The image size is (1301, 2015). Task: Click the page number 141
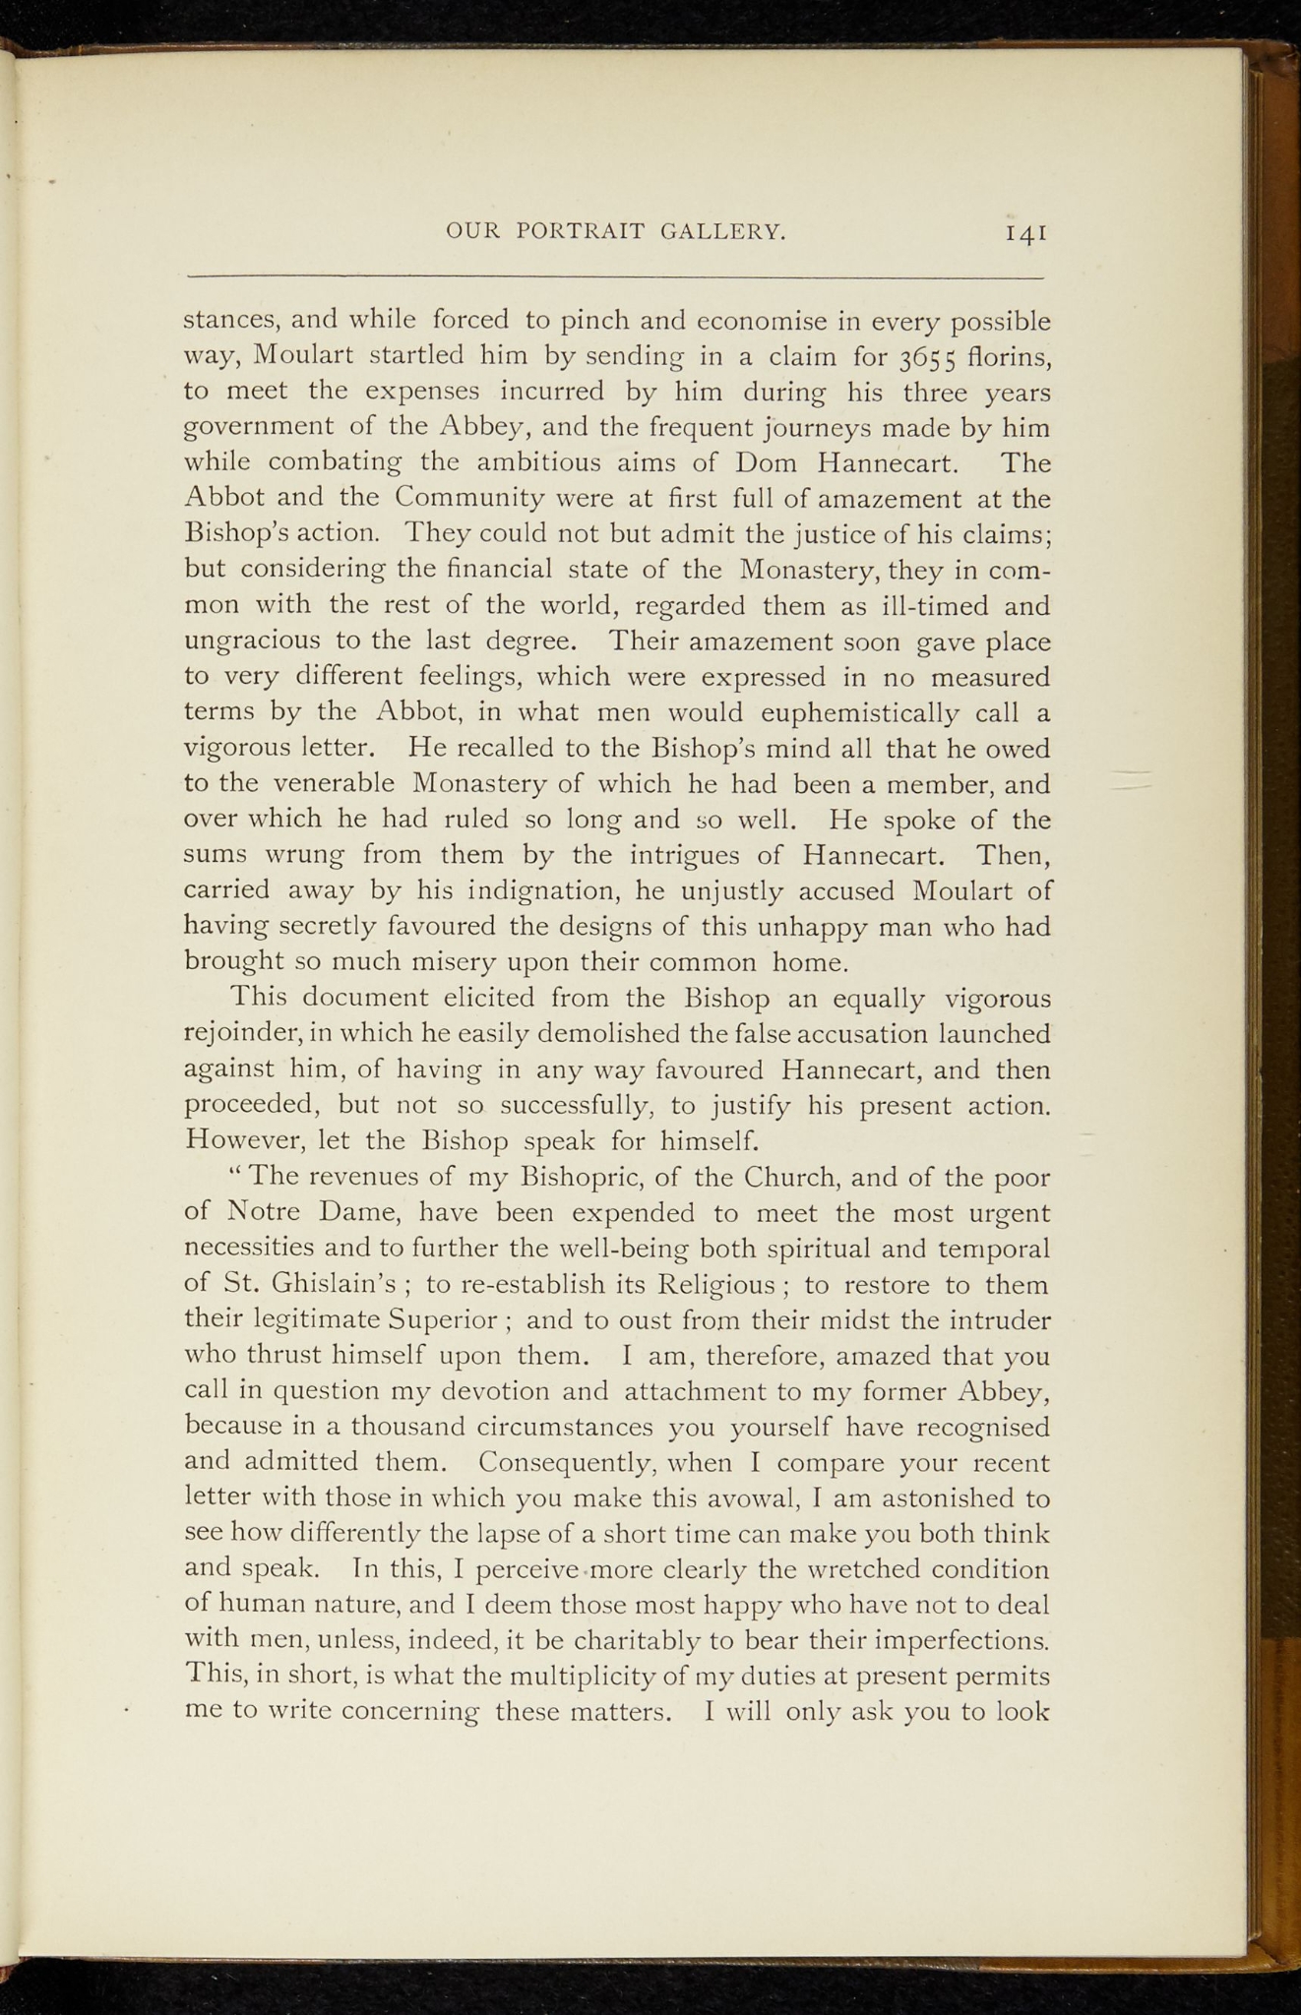point(1024,233)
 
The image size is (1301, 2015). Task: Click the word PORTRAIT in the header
point(581,232)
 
